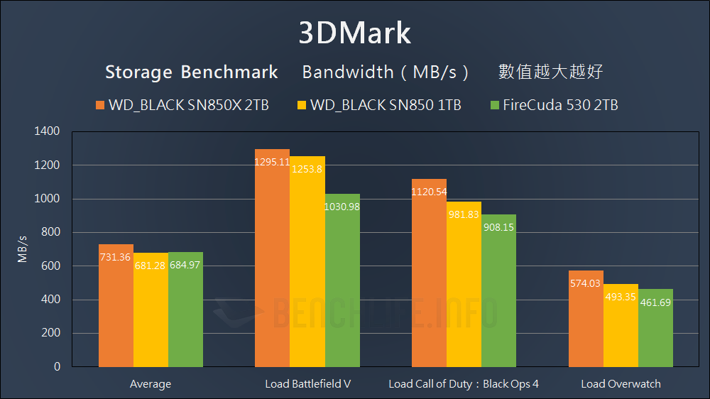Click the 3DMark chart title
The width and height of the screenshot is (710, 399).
click(x=354, y=33)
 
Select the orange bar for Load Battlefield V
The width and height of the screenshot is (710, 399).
click(x=272, y=263)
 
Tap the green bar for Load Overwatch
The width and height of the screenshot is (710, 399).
click(x=655, y=330)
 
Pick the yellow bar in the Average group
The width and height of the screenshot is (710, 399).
click(x=151, y=312)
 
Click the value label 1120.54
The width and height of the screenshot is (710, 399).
click(x=429, y=192)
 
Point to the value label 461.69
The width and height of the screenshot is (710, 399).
click(x=655, y=302)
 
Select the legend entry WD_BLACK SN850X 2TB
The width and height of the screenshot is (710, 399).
click(x=182, y=105)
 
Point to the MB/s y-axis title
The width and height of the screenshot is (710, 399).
click(x=23, y=248)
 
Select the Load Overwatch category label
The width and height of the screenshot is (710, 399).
click(x=621, y=384)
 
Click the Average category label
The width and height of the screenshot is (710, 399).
click(x=151, y=384)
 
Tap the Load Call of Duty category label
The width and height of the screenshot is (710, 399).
click(x=464, y=384)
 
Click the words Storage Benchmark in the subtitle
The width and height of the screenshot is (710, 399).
click(x=191, y=72)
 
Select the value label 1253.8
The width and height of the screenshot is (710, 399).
click(x=307, y=170)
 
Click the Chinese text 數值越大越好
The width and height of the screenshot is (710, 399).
click(x=551, y=72)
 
